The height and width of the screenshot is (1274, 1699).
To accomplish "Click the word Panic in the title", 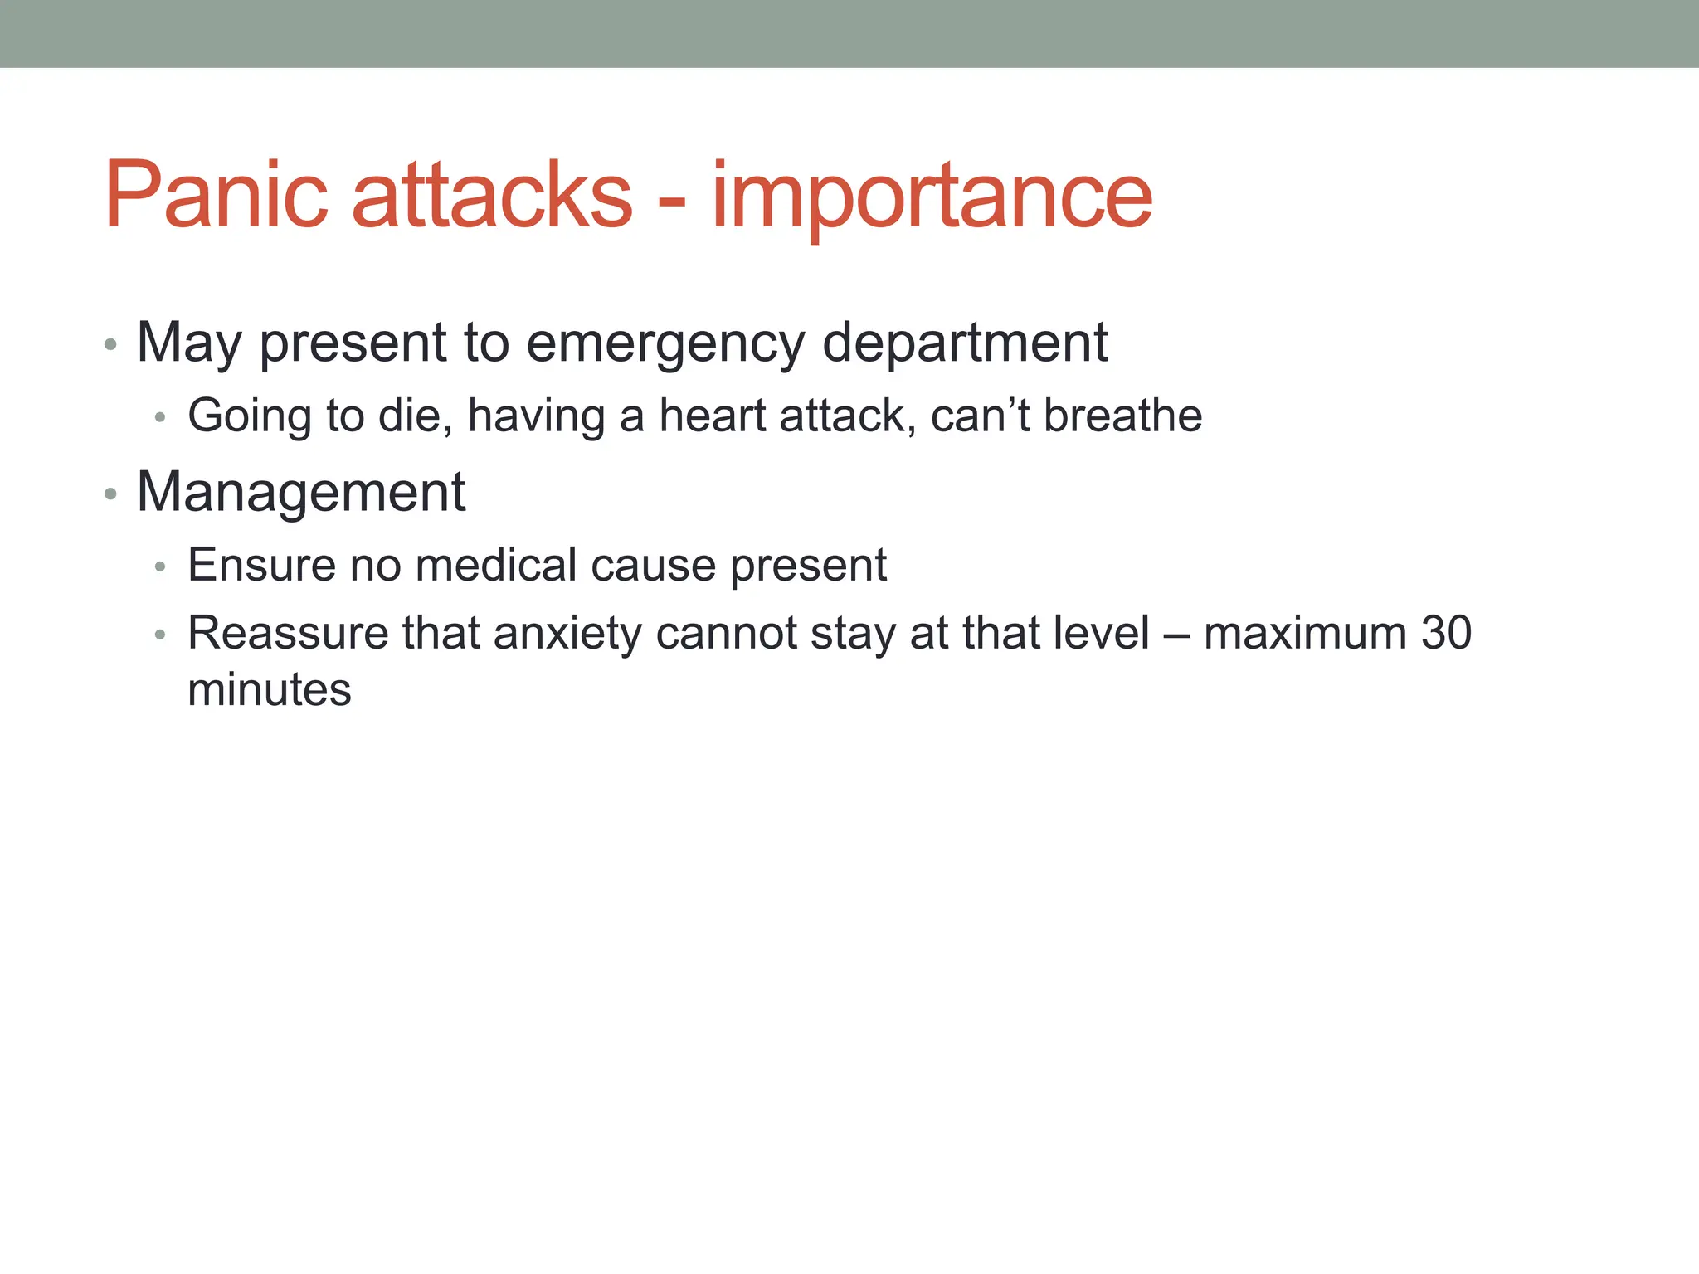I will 217,195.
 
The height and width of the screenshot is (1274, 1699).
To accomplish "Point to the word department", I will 964,343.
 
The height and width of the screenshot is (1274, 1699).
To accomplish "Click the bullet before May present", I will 110,344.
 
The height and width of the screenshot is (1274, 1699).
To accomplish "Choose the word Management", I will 301,492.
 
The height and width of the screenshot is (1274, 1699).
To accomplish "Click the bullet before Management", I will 110,495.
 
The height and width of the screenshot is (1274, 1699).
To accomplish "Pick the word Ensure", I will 261,566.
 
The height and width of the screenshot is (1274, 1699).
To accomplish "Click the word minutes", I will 270,690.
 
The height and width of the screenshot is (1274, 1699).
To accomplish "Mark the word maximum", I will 1305,634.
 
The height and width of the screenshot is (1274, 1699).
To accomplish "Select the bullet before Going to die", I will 161,417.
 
